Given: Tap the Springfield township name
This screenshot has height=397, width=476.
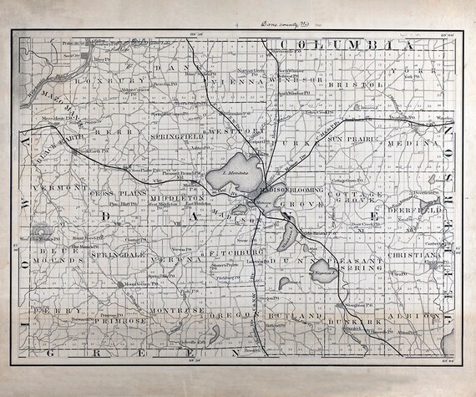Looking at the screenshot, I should pyautogui.click(x=175, y=134).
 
